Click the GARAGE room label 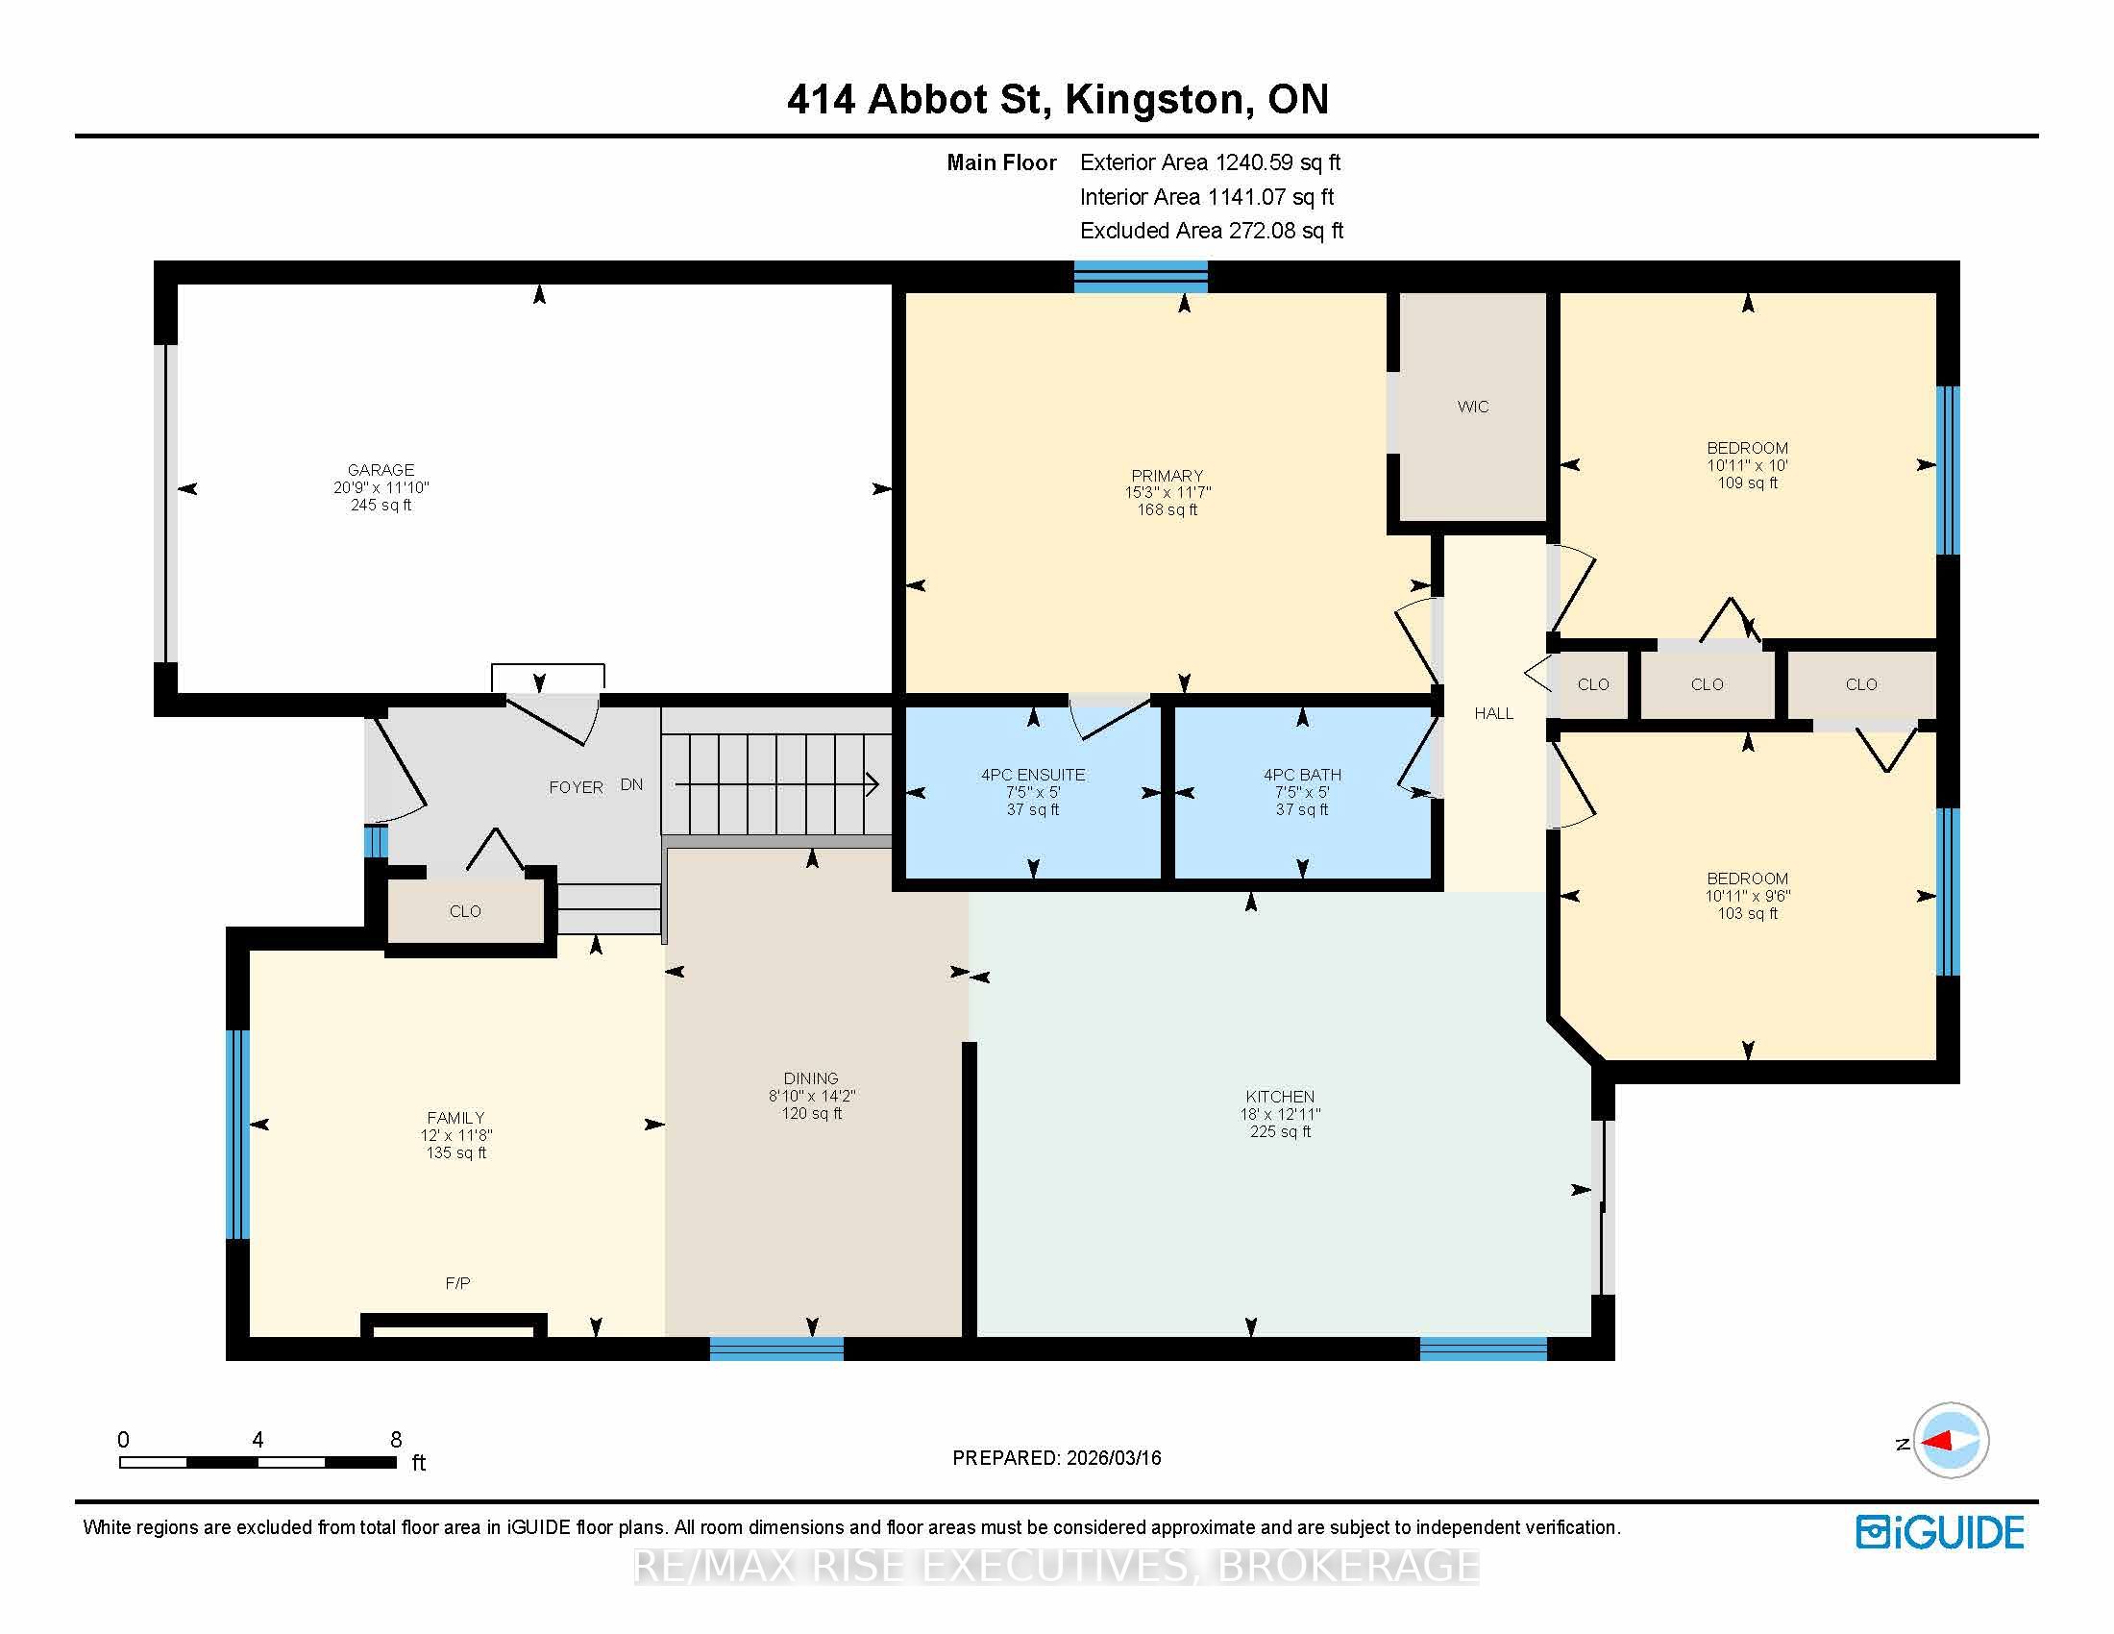click(x=381, y=470)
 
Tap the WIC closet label click(x=1472, y=407)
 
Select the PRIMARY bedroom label click(x=1167, y=475)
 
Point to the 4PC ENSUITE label click(x=1033, y=775)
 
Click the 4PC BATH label click(x=1302, y=775)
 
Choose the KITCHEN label click(x=1280, y=1097)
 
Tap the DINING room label click(x=811, y=1078)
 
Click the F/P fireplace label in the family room click(x=457, y=1283)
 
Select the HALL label click(x=1493, y=713)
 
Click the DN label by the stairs click(x=631, y=784)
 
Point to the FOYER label click(x=576, y=787)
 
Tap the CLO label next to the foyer click(x=465, y=911)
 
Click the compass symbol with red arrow click(x=1950, y=1441)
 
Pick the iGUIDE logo click(x=1940, y=1531)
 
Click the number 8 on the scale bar click(x=396, y=1440)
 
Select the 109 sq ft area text click(x=1747, y=483)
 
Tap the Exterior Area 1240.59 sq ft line click(x=1210, y=162)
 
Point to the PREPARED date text click(x=1057, y=1458)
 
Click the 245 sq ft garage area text click(x=381, y=506)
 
